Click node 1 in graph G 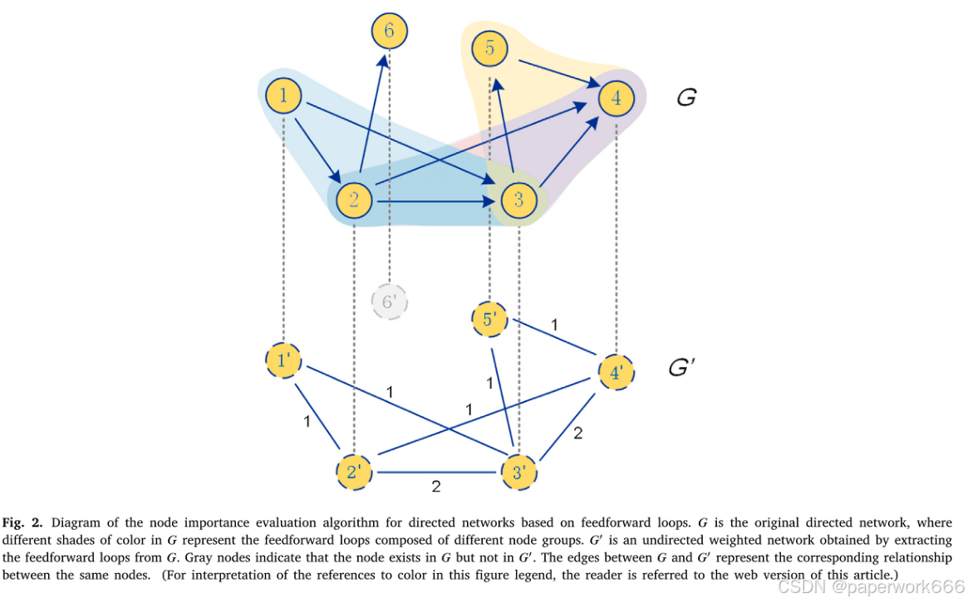283,97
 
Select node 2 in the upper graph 353,200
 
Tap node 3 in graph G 518,200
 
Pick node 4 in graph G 616,98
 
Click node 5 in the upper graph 489,49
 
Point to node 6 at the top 389,32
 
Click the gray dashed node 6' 388,302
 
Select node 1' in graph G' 283,361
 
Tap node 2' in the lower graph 353,473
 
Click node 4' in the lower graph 616,373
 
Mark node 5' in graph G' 489,319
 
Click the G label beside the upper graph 686,98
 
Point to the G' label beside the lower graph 682,366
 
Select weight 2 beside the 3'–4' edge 578,433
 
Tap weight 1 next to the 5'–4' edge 555,324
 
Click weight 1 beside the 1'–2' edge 307,421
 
